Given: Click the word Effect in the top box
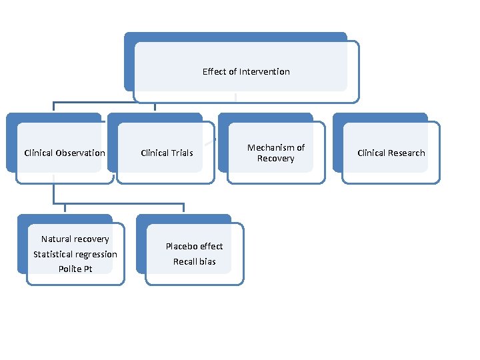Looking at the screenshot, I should (214, 71).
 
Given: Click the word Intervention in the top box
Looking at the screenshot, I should (265, 71).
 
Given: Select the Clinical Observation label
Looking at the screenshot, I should (65, 153).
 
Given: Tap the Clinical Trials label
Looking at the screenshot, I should (167, 153).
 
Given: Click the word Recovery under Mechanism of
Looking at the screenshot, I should (275, 159).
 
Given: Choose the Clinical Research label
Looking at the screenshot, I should (391, 153).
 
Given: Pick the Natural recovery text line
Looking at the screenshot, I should (75, 239).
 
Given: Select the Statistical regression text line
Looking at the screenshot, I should (75, 254).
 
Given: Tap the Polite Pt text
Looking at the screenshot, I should (75, 269).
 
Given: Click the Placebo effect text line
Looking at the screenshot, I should (194, 246).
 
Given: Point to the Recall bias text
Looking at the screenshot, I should (194, 261).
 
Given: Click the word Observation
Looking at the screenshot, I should (81, 153).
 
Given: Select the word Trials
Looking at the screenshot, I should (183, 153).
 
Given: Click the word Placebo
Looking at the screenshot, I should (181, 246).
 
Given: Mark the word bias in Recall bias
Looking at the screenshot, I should (207, 261).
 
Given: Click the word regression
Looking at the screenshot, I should (96, 254).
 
